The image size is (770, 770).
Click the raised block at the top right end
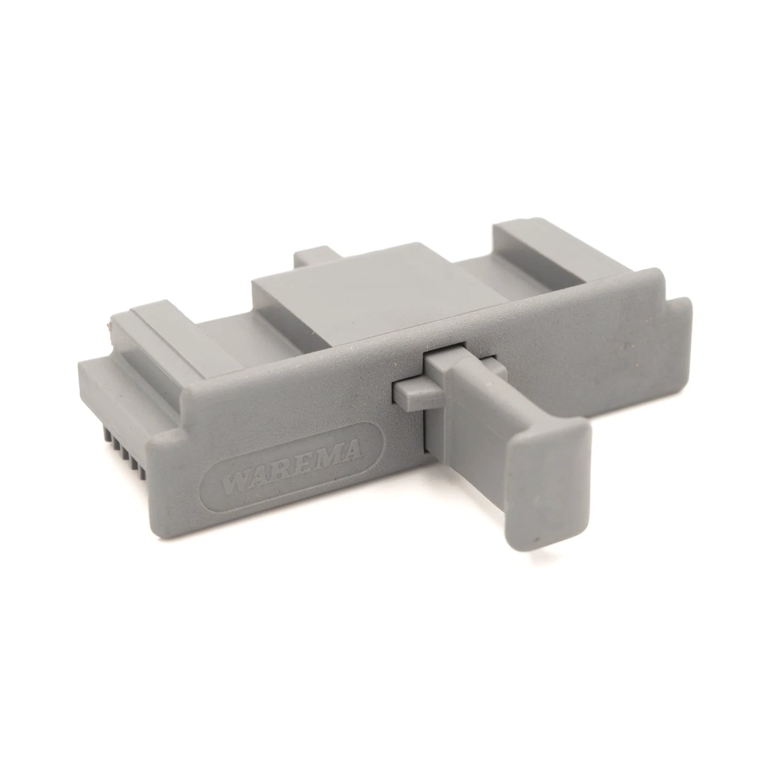[x=538, y=234]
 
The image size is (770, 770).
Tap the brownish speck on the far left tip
[x=110, y=323]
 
